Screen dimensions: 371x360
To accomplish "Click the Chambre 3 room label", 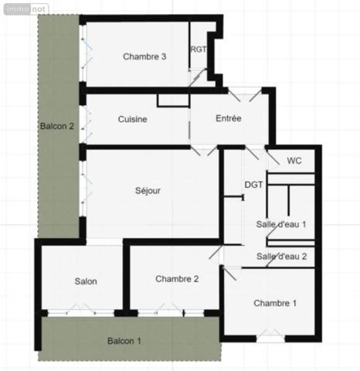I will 144,56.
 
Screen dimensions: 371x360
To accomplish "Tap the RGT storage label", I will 199,49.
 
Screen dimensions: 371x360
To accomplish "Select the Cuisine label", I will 133,119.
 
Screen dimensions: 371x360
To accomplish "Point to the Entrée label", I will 229,118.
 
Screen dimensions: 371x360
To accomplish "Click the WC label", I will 294,161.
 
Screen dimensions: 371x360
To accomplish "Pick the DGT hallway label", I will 254,185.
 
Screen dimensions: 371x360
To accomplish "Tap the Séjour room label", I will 148,191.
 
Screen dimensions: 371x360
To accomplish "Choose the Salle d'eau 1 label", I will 282,224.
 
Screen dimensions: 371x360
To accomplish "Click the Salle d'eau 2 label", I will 282,256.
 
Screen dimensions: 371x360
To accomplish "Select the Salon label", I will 86,281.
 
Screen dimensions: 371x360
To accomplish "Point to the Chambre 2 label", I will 177,278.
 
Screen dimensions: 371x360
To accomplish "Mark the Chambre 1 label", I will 274,302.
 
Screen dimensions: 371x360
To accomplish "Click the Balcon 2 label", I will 56,126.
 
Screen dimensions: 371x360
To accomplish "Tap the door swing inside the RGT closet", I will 198,77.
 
